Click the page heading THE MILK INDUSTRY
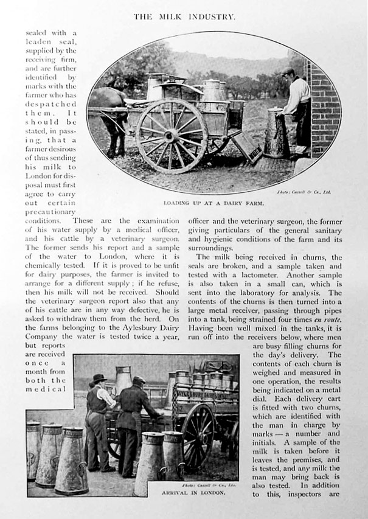[x=184, y=16]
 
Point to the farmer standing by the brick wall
[x=296, y=110]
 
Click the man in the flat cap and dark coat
[x=137, y=426]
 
